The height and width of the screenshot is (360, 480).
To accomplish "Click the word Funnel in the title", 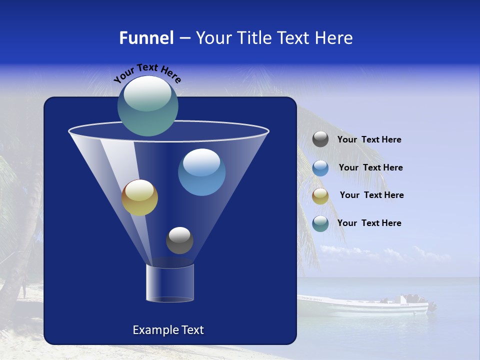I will pos(146,38).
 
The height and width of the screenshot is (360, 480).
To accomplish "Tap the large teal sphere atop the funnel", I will pos(148,106).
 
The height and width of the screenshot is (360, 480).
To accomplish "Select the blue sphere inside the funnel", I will pos(201,172).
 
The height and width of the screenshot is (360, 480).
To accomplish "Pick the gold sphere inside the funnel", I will pos(139,197).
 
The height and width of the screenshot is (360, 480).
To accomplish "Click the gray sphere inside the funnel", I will pos(179,240).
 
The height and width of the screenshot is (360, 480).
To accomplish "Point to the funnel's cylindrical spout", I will pos(170,283).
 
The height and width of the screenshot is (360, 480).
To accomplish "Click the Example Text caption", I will pos(168,330).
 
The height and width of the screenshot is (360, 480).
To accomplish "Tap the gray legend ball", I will pos(320,139).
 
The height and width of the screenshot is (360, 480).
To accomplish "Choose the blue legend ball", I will pos(320,168).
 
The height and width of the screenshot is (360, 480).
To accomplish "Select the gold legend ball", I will pos(320,196).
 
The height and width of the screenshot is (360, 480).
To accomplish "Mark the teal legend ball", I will pos(320,223).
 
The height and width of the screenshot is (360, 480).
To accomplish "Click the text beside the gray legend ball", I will pos(369,140).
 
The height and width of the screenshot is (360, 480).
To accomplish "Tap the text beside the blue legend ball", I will pos(370,167).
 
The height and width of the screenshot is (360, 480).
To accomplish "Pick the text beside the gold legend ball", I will pos(371,195).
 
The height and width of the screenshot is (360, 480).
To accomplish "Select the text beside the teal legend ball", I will pos(369,223).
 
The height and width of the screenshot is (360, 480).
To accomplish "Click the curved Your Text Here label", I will pos(147,72).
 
